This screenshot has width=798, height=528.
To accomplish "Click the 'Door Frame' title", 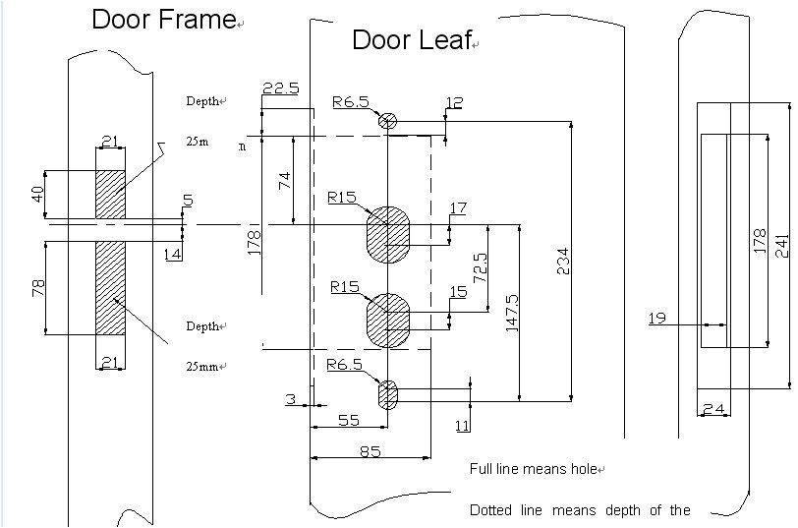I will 164,20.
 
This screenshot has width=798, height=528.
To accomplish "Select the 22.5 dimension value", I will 280,88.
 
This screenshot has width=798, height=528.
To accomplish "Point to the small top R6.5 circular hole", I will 388,121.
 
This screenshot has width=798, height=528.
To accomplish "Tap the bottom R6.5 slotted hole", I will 388,394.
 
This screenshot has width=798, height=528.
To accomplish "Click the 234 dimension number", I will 563,261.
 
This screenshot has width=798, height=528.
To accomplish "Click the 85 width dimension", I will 370,451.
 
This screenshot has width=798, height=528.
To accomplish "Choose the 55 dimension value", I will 348,420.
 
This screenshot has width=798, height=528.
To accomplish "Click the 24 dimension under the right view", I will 713,408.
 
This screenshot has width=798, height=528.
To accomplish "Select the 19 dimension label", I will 657,318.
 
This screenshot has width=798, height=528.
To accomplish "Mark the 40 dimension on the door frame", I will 38,194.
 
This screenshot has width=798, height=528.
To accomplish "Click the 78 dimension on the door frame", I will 38,290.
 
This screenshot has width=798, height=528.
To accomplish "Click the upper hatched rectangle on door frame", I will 110,194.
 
